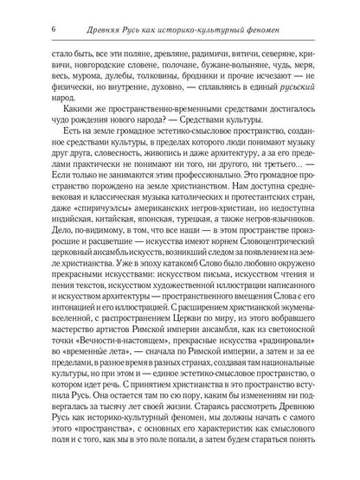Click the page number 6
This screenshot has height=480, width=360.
55,10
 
